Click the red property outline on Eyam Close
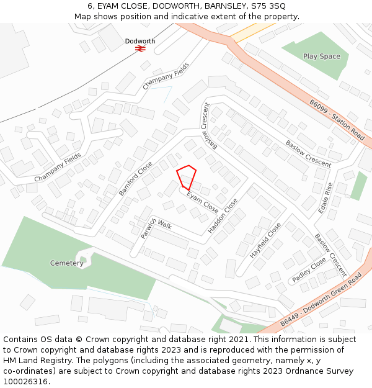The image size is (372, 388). (x=187, y=176)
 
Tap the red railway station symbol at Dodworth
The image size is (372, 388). (x=140, y=48)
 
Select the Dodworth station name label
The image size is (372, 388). (x=140, y=41)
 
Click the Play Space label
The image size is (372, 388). (x=321, y=56)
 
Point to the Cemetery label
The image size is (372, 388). (x=66, y=263)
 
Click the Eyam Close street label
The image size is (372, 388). (x=203, y=201)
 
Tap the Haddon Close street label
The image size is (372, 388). (x=223, y=216)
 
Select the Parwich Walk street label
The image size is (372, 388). (x=156, y=228)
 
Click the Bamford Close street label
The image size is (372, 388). (x=135, y=179)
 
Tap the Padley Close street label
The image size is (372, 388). (x=309, y=270)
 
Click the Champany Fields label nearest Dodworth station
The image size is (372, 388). (x=166, y=79)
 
